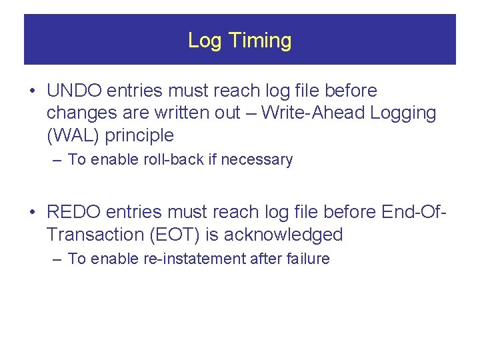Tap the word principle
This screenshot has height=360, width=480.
point(141,136)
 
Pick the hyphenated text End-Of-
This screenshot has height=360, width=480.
point(412,212)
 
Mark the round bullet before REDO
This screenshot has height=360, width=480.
point(33,213)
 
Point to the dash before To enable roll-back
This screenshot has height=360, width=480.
point(57,160)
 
